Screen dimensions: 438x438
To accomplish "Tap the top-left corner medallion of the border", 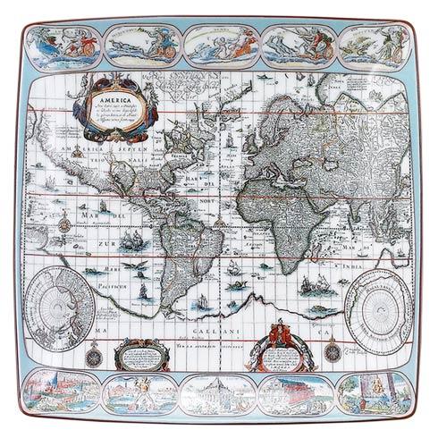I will [x=56, y=44].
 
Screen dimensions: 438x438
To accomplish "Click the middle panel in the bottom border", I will [x=219, y=392].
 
